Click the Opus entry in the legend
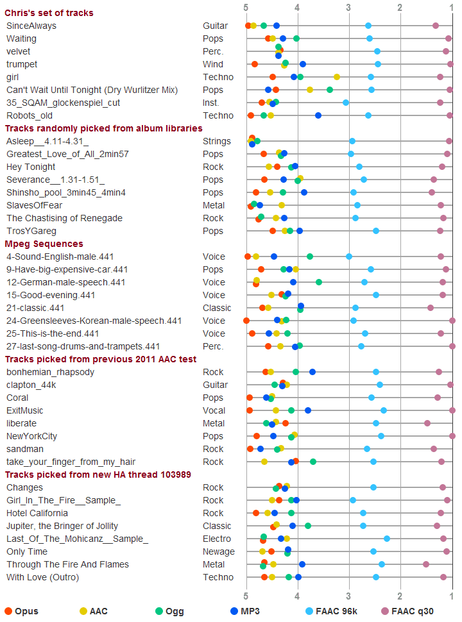coord(22,611)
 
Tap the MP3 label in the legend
coord(245,611)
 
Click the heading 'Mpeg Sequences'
coord(44,244)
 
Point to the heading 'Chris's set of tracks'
coord(49,13)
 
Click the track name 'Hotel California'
coord(37,513)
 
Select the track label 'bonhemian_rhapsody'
coord(51,372)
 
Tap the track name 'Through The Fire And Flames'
coord(67,564)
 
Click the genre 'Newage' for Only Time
coord(219,552)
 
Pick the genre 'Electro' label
coord(217,539)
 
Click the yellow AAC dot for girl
coord(337,77)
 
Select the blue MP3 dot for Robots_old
coord(318,115)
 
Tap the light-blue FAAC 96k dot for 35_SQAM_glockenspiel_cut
coord(346,103)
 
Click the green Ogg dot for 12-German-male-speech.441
coord(319,282)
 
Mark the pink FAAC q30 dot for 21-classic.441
coord(431,308)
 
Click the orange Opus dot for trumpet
coord(254,64)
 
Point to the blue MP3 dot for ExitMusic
coord(307,410)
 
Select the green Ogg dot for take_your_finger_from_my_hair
coord(312,462)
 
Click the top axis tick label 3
coord(348,8)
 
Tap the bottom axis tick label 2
coord(400,596)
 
